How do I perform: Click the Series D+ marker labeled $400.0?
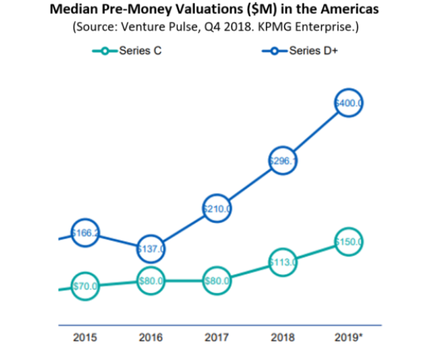(x=349, y=103)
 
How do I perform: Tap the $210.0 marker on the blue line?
(x=217, y=209)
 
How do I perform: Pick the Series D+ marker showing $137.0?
(x=151, y=249)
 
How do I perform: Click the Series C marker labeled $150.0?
(x=349, y=242)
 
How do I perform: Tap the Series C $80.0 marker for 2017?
(x=217, y=281)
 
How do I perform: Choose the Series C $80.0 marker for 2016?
(x=151, y=281)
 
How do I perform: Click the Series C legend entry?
(x=131, y=51)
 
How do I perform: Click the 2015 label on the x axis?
(x=85, y=338)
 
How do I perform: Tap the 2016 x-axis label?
(x=151, y=338)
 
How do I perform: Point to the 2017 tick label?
(x=217, y=338)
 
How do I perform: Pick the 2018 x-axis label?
(x=282, y=338)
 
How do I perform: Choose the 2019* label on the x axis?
(x=349, y=338)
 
